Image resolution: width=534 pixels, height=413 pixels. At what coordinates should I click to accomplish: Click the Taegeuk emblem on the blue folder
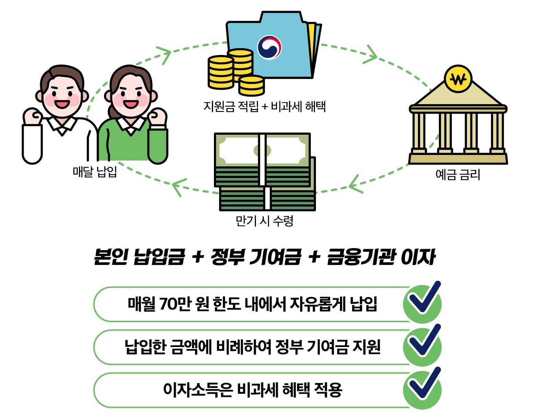pyautogui.click(x=270, y=47)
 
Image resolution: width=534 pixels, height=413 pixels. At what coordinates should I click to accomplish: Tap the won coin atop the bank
pyautogui.click(x=458, y=79)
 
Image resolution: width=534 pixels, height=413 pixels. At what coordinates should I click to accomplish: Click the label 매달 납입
pyautogui.click(x=95, y=171)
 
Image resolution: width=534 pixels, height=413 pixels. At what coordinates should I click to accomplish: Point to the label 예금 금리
pyautogui.click(x=457, y=175)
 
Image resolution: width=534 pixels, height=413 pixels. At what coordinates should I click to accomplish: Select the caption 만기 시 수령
pyautogui.click(x=264, y=221)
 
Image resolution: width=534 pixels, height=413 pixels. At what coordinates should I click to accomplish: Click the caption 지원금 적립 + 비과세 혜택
pyautogui.click(x=264, y=107)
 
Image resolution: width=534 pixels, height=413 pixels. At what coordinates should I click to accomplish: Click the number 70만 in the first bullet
pyautogui.click(x=175, y=304)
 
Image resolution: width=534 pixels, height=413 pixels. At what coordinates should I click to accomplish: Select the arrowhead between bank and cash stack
pyautogui.click(x=355, y=184)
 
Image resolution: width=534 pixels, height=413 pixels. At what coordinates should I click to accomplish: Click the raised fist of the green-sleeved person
pyautogui.click(x=157, y=117)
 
